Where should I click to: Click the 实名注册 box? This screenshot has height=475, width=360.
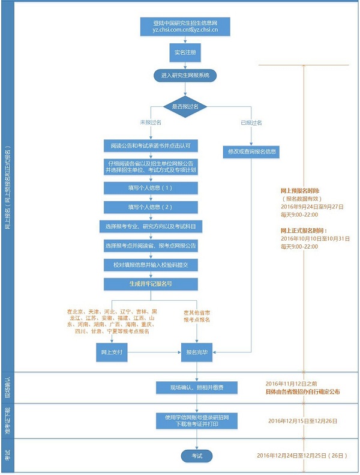tap(185, 52)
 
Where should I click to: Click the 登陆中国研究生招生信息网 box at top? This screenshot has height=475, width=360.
tap(185, 27)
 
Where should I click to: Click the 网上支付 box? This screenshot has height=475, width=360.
tap(112, 353)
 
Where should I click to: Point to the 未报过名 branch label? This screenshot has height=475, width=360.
tap(151, 122)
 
